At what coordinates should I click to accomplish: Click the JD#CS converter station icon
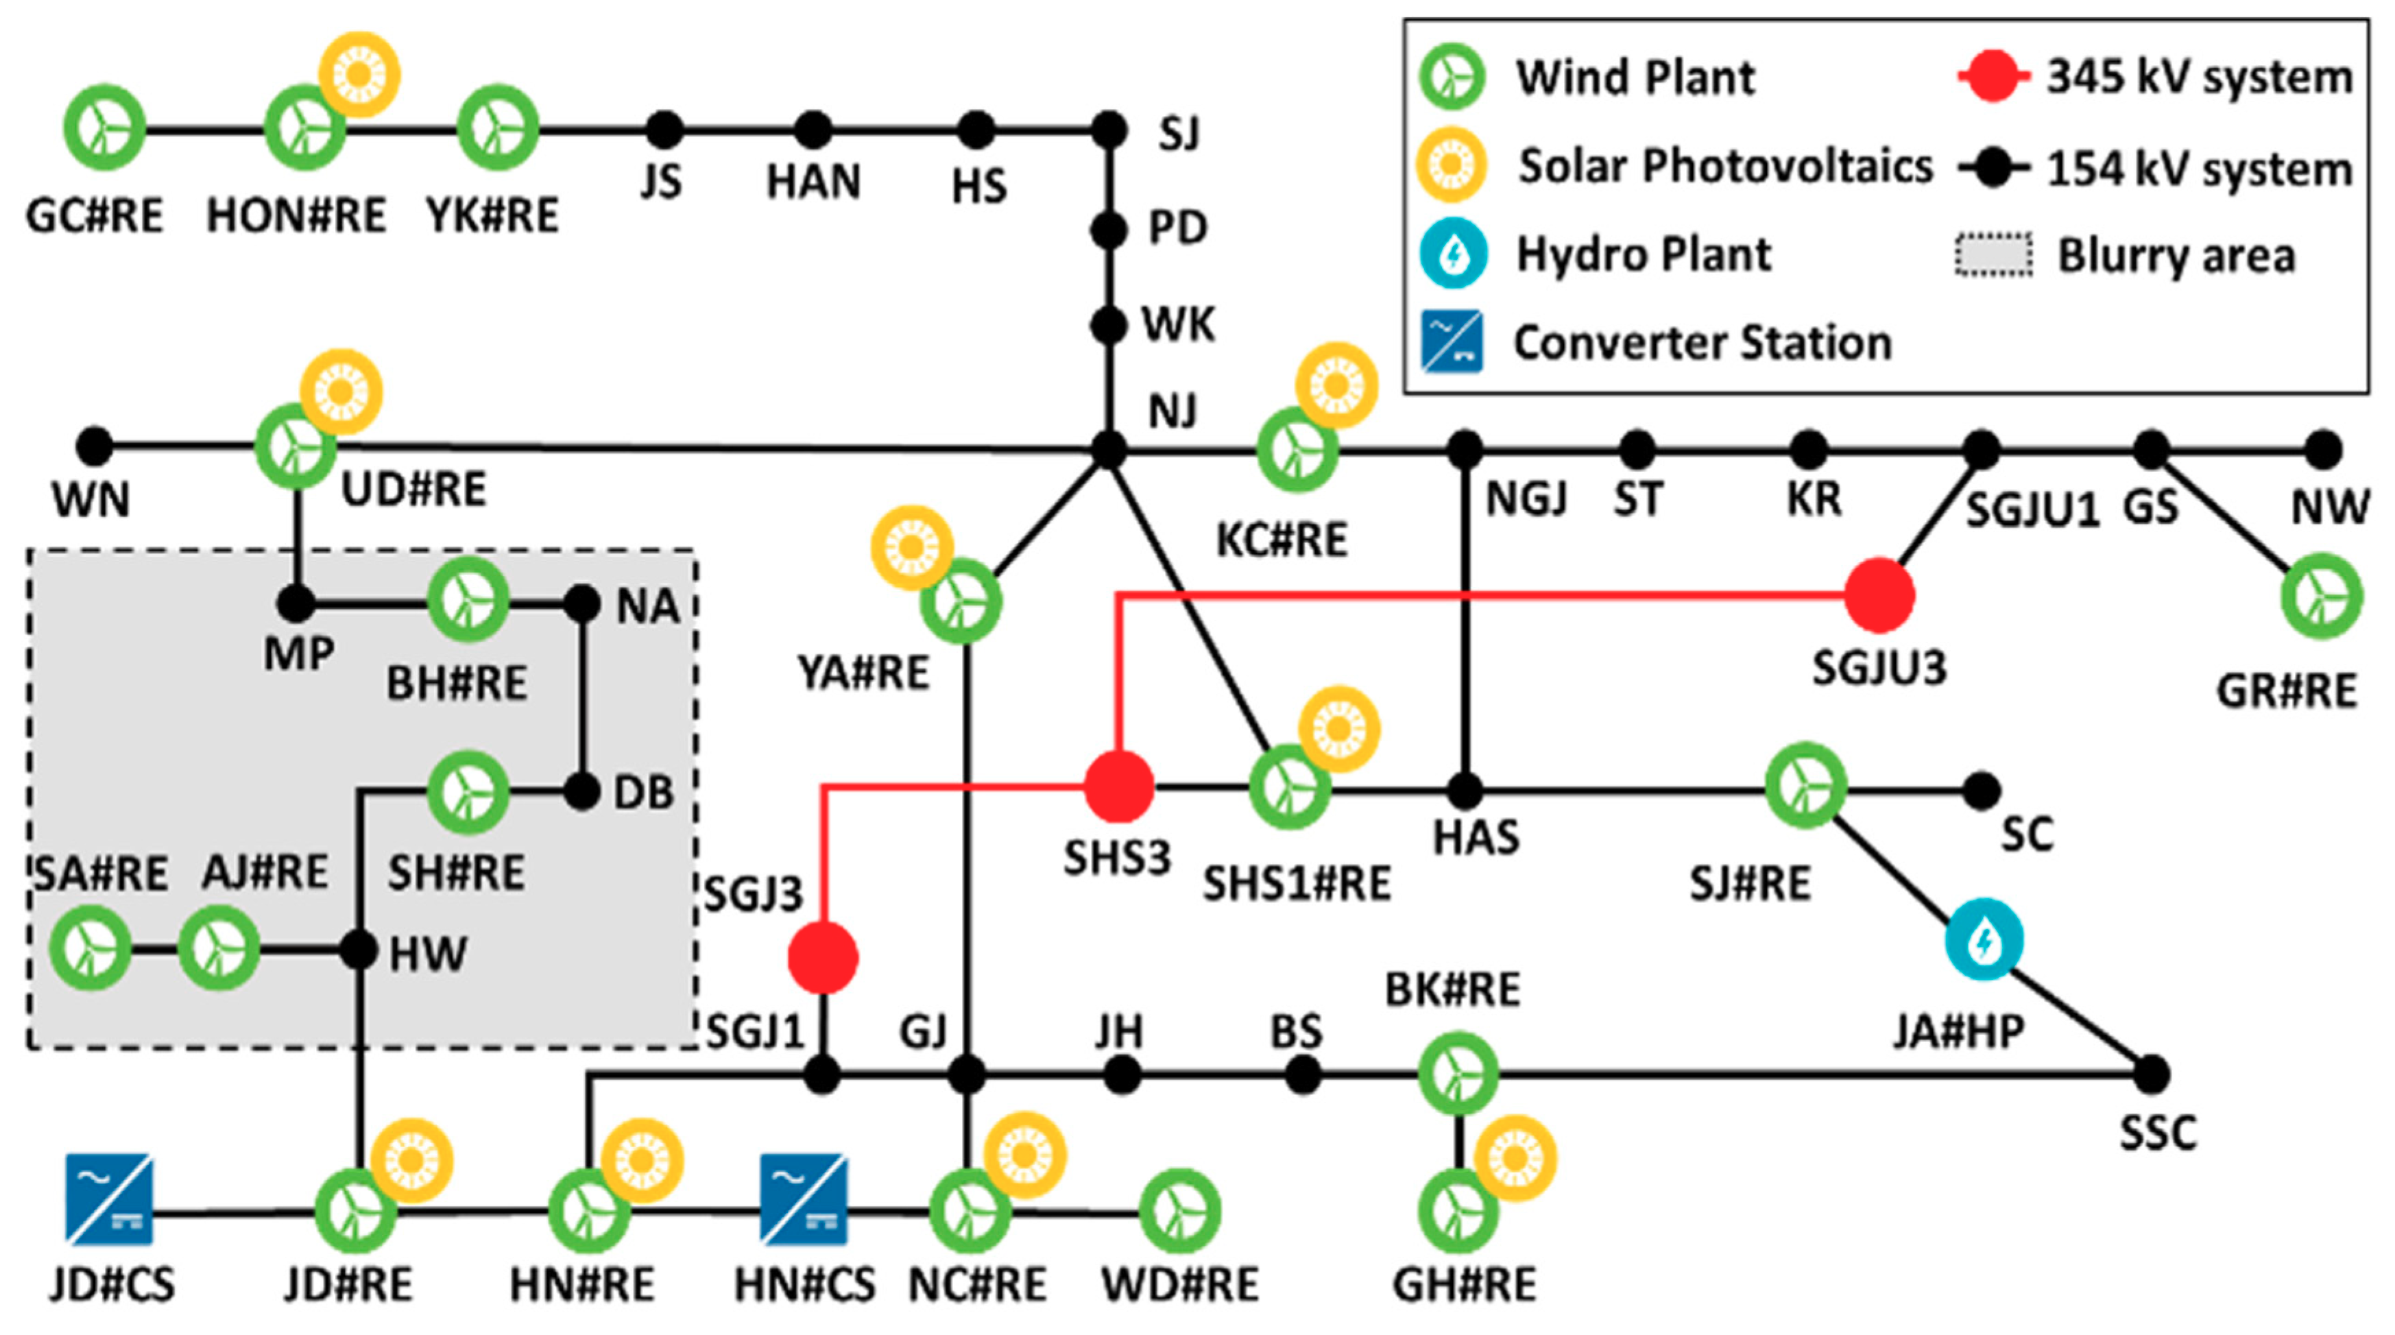[x=109, y=1199]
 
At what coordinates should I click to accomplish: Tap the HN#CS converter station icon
[x=804, y=1199]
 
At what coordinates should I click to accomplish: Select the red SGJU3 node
[x=1879, y=595]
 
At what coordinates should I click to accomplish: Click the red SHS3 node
[x=1120, y=787]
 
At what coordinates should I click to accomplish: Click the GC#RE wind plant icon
[x=104, y=128]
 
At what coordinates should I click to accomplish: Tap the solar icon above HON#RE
[x=360, y=74]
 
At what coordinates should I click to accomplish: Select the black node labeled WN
[x=94, y=446]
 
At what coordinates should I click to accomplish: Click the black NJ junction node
[x=1108, y=450]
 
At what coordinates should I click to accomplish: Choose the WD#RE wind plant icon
[x=1179, y=1210]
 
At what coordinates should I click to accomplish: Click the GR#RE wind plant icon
[x=2322, y=596]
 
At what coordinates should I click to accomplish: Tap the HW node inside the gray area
[x=358, y=950]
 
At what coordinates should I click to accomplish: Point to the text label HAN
[x=813, y=181]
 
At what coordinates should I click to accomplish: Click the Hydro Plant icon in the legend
[x=1453, y=253]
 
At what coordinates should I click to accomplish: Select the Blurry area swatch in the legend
[x=1993, y=255]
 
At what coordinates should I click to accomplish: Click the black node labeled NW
[x=2322, y=450]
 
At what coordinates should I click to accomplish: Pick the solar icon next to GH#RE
[x=1515, y=1157]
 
